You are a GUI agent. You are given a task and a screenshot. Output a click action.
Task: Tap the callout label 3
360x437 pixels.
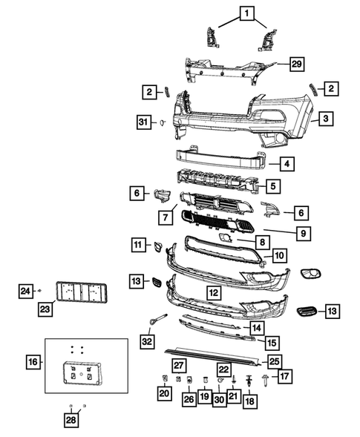point(324,118)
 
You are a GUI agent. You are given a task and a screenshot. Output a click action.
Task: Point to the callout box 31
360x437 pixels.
point(143,122)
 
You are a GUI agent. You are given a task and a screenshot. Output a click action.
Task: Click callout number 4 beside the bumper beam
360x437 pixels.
point(285,165)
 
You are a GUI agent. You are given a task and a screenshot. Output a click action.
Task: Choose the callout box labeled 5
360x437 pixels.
point(274,186)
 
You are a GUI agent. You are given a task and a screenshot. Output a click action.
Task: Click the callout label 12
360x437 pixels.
point(212,293)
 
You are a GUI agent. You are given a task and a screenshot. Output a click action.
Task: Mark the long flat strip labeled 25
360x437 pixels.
point(212,354)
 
